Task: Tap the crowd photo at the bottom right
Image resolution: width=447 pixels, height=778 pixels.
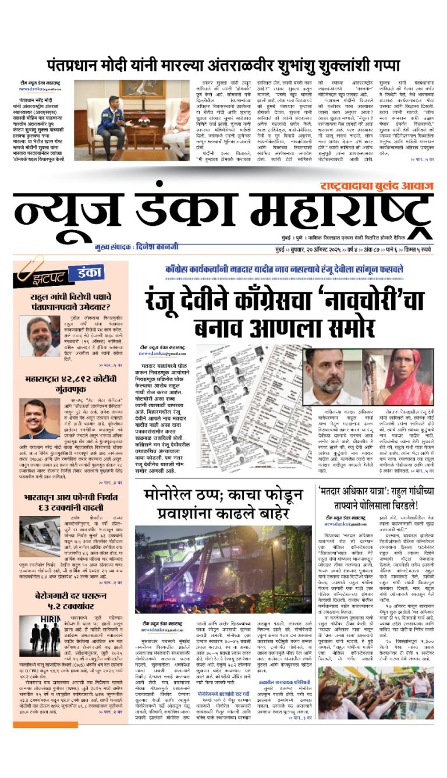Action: click(x=375, y=692)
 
